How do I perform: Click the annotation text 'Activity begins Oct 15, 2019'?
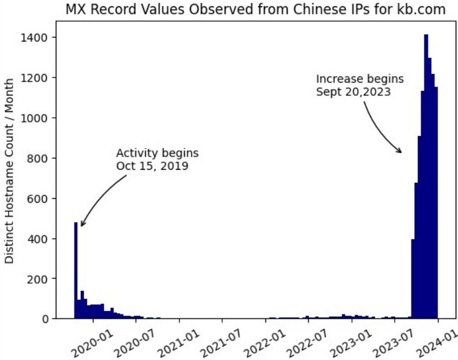[x=157, y=159]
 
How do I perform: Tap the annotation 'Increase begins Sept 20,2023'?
[x=359, y=84]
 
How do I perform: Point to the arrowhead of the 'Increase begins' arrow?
[x=401, y=152]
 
